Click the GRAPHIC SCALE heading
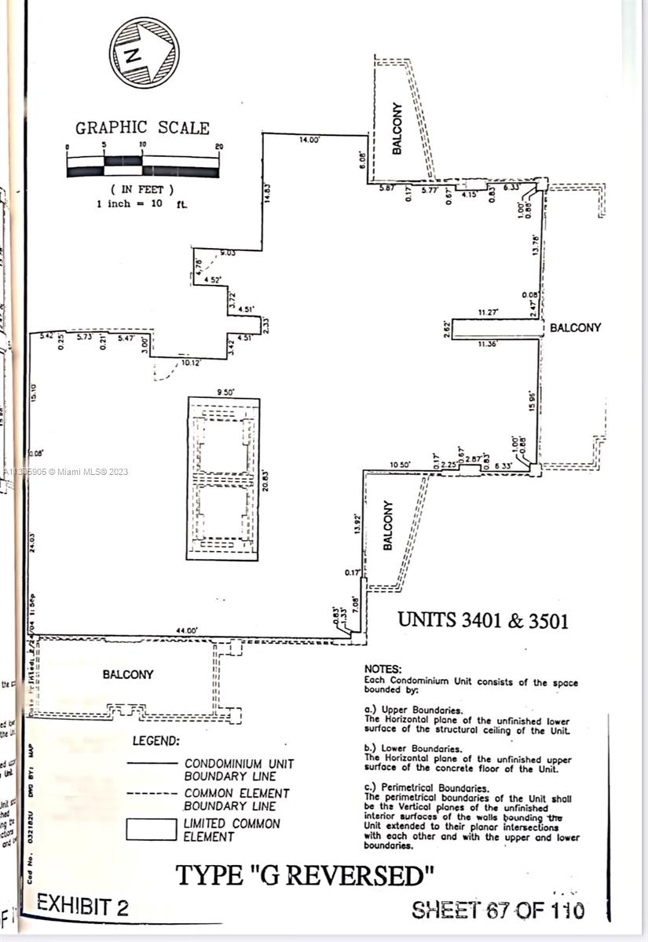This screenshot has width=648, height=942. point(142,128)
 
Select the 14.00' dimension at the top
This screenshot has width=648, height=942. point(309,140)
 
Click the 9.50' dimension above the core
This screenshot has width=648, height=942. point(224,392)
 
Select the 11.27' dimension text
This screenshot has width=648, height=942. point(490,312)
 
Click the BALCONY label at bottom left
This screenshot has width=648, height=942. point(128,674)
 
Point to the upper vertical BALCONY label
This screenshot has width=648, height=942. point(397,128)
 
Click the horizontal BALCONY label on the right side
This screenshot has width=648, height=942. point(575,327)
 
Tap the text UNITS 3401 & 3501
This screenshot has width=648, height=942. point(483,620)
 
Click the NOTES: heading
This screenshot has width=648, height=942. point(383,668)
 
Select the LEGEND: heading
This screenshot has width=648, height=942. point(156,740)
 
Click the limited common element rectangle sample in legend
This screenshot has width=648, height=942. point(152,830)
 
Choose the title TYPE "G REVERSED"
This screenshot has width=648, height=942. point(304,874)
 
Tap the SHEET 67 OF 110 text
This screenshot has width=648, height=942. point(498,910)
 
